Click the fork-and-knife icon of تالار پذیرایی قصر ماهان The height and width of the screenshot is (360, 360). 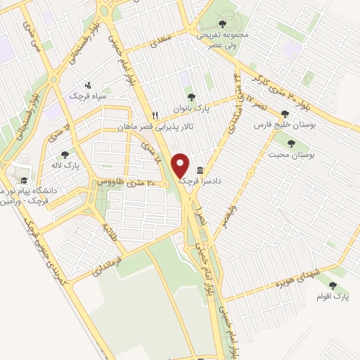pos(154,115)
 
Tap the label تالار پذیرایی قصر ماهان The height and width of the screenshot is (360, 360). pos(155,127)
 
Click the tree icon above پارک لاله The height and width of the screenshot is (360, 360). pos(65,155)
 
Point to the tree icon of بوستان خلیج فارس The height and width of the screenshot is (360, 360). pos(284,114)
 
